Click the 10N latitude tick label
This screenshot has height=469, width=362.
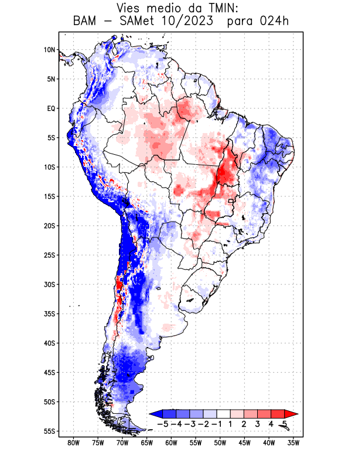pyautogui.click(x=49, y=50)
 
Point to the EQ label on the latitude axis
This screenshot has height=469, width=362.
pyautogui.click(x=50, y=108)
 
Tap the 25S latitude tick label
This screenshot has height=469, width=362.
pyautogui.click(x=49, y=255)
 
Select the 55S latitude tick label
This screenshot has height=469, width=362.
pyautogui.click(x=49, y=431)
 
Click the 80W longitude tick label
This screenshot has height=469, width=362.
pyautogui.click(x=73, y=443)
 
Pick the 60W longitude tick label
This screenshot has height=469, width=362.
pyautogui.click(x=171, y=443)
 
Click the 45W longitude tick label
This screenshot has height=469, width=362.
pyautogui.click(x=245, y=443)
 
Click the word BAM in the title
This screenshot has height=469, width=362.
pyautogui.click(x=86, y=22)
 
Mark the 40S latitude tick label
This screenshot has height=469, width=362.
pyautogui.click(x=49, y=343)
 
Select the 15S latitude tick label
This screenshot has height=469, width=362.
pyautogui.click(x=49, y=196)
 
